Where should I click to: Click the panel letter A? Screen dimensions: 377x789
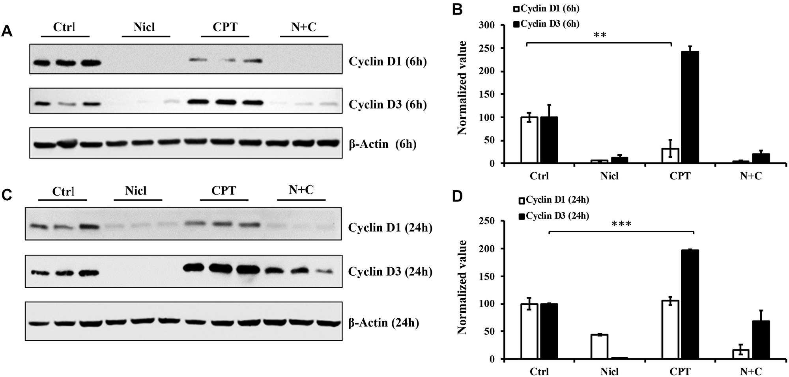[7, 31]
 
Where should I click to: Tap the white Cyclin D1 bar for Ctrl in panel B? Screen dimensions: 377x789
[529, 140]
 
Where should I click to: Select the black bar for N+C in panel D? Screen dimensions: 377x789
[761, 340]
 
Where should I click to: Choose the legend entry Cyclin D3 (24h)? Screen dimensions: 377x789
[554, 216]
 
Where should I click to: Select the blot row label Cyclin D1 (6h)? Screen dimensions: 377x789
[388, 62]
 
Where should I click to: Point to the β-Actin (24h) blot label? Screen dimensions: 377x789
[383, 323]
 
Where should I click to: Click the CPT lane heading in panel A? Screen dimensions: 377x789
[225, 27]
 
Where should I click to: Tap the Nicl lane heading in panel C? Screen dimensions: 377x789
[136, 191]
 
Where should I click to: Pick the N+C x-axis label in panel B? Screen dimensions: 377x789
[751, 176]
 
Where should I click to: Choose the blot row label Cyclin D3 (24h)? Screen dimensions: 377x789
[390, 272]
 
